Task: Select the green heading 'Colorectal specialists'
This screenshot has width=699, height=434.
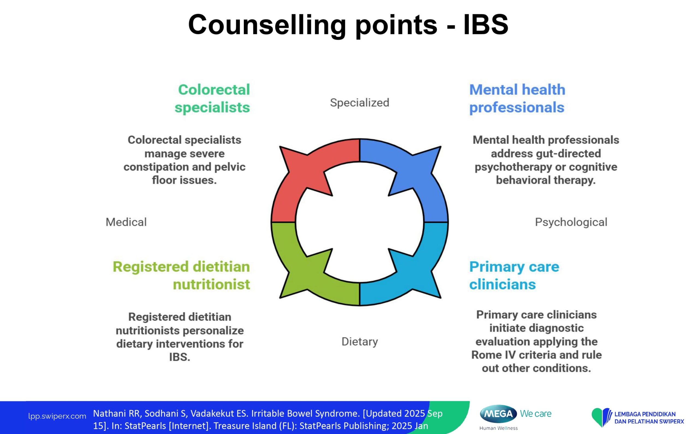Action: point(212,98)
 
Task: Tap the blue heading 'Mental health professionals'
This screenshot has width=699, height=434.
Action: point(517,98)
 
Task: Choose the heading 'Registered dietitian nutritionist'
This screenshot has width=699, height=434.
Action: point(181,276)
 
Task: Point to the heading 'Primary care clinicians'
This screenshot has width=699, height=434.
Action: point(514,276)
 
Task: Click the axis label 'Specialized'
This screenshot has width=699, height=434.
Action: point(359,103)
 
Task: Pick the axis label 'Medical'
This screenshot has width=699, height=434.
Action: point(126,222)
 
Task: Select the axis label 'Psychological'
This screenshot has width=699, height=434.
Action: point(571,222)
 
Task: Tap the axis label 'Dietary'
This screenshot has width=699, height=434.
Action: point(359,342)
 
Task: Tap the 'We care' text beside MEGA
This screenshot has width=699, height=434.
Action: point(535,414)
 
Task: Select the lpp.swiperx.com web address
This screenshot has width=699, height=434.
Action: point(57,416)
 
